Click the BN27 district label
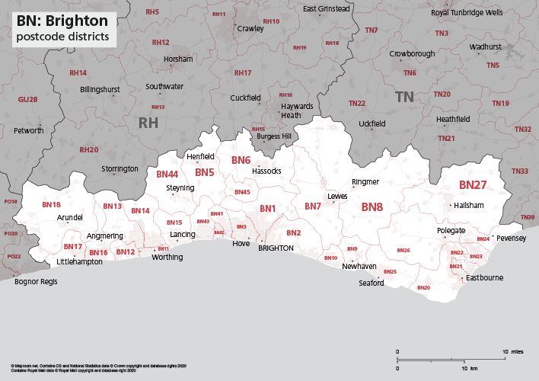click(x=472, y=185)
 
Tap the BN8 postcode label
click(x=372, y=207)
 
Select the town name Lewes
click(x=337, y=196)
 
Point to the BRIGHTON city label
click(x=276, y=248)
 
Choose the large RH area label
click(x=147, y=122)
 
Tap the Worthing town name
click(x=167, y=257)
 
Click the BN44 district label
click(x=167, y=174)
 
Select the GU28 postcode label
click(x=27, y=100)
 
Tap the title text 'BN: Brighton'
click(x=62, y=21)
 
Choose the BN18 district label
click(x=51, y=205)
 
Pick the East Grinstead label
click(x=326, y=9)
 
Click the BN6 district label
click(x=241, y=160)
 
